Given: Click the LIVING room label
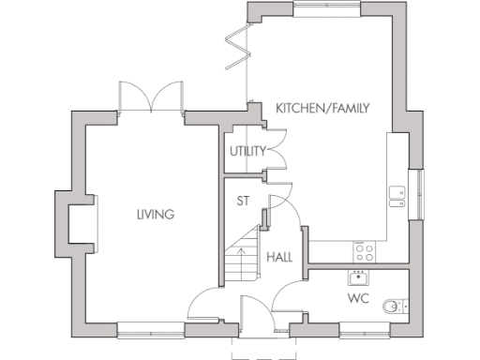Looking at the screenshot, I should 155,215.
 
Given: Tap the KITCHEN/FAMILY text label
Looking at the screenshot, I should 322,109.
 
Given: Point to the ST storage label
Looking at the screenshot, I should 242,200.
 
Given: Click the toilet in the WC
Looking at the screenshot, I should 400,305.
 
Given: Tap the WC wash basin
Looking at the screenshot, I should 357,277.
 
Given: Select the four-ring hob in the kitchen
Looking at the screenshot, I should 363,250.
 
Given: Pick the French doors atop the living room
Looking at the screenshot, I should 149,97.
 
